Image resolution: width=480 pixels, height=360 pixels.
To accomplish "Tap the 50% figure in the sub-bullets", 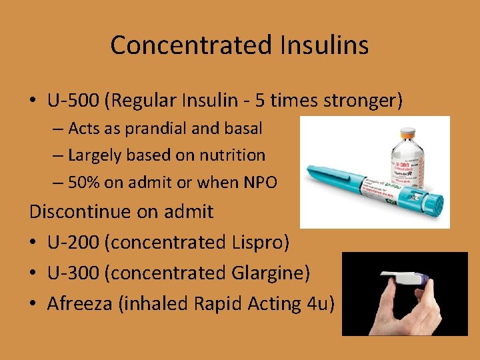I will coord(84,182).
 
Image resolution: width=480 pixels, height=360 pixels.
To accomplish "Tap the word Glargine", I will coord(277,273).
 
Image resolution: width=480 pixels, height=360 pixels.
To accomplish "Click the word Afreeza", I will coord(84,303).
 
